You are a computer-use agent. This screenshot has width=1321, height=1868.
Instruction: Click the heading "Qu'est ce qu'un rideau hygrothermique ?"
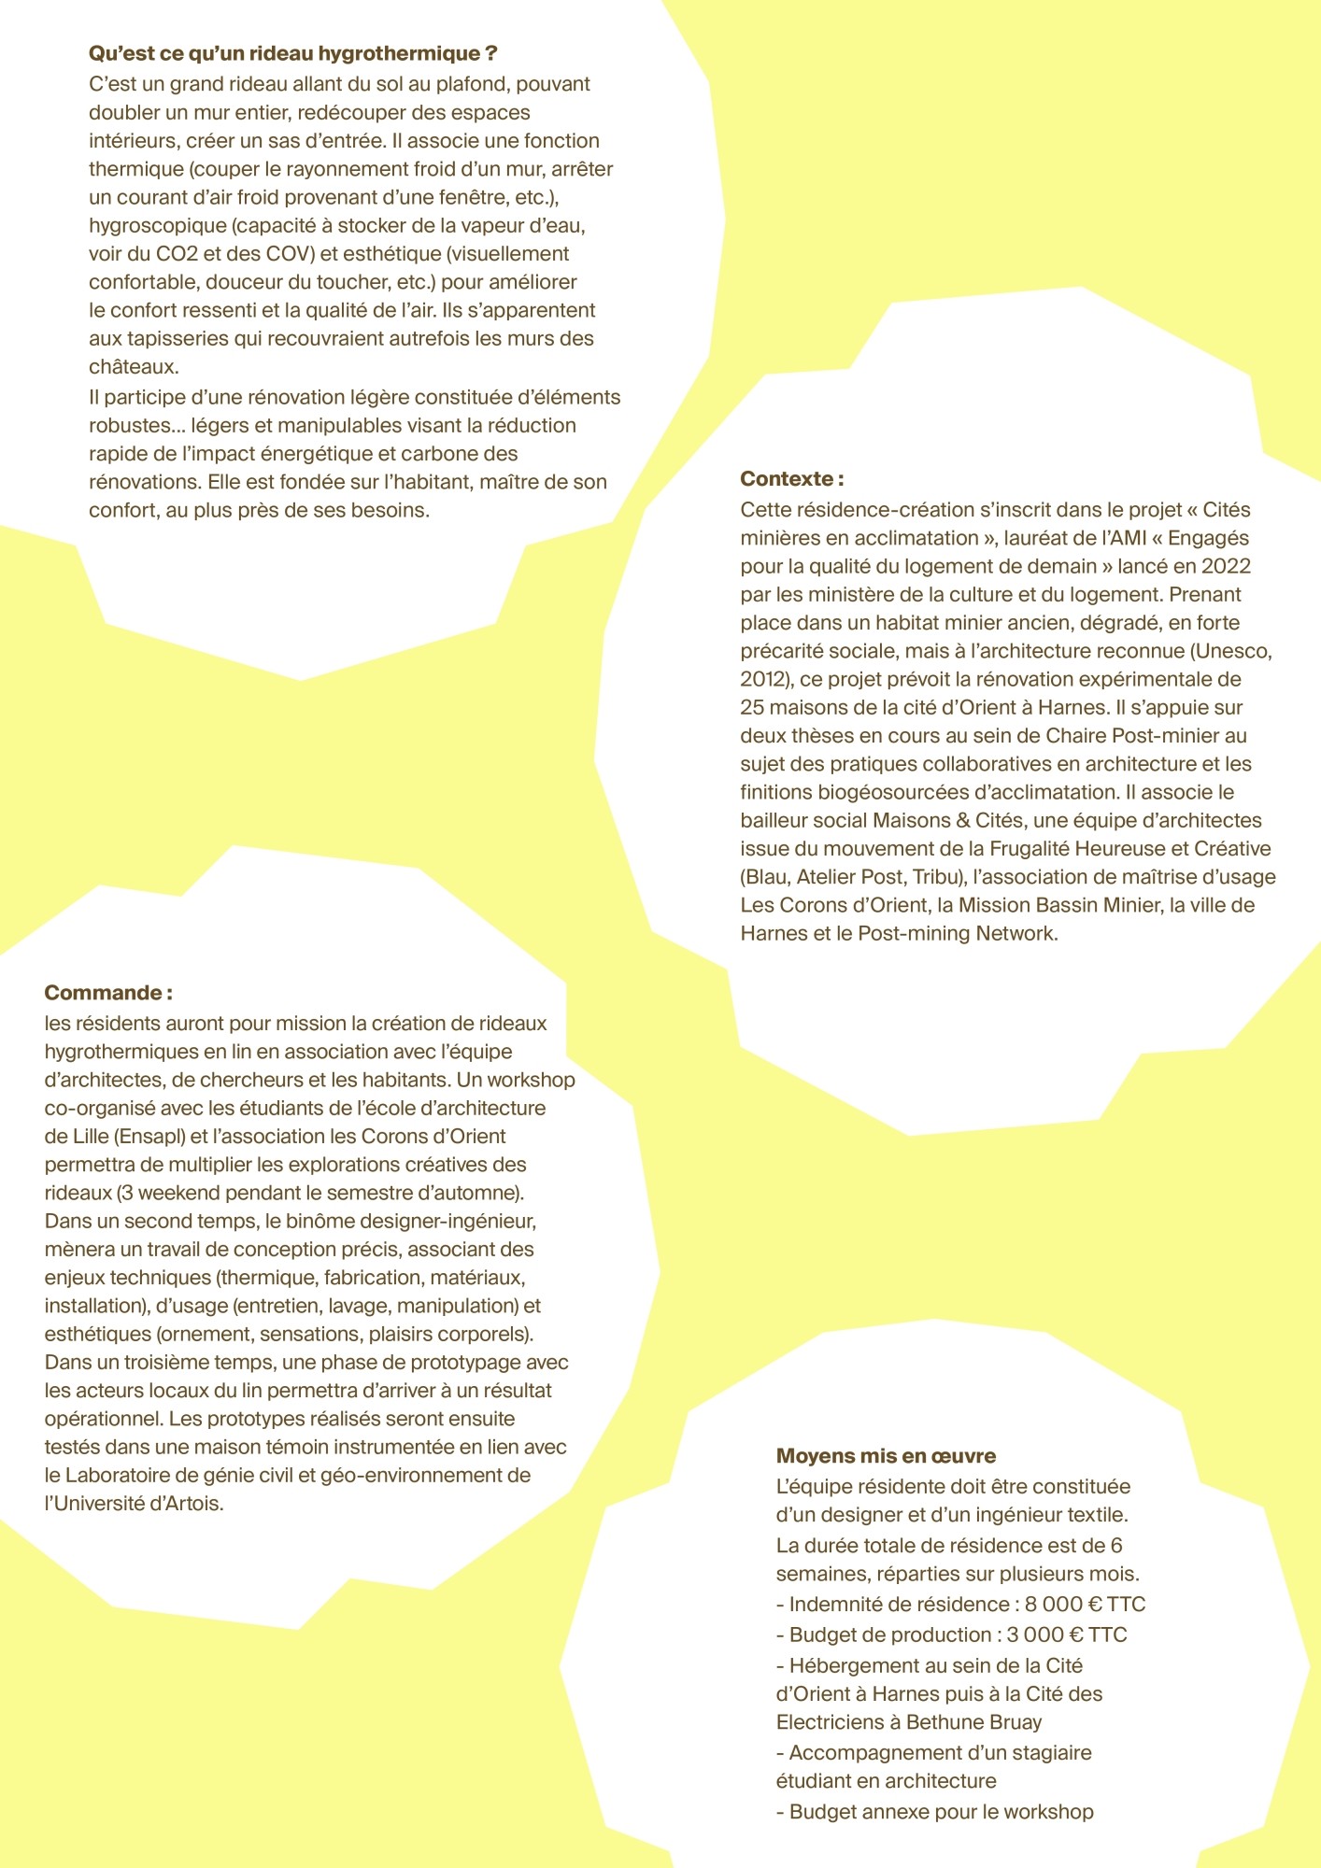292,54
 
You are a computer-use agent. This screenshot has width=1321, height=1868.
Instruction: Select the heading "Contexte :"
791,479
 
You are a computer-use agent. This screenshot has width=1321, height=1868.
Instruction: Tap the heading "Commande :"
108,993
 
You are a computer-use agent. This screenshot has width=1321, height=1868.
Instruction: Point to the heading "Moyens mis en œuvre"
886,1456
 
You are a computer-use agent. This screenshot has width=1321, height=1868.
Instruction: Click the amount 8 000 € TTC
1085,1605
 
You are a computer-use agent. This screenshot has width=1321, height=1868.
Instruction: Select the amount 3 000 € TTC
1067,1635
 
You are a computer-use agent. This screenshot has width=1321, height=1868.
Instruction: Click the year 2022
1226,566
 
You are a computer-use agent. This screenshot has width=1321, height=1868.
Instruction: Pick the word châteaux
134,367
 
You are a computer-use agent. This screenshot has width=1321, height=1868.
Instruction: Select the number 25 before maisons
753,708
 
